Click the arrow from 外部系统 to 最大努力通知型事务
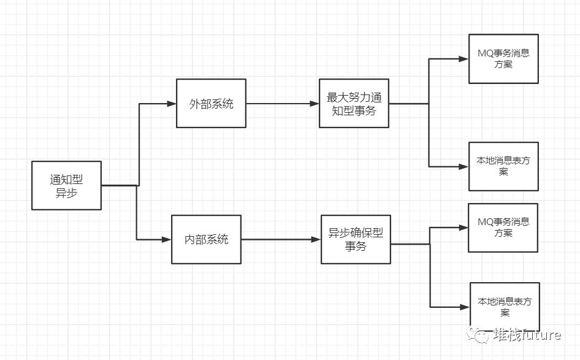[x=283, y=104]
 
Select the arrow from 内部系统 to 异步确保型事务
[x=281, y=240]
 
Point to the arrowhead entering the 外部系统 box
[x=172, y=104]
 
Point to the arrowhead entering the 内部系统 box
[x=167, y=240]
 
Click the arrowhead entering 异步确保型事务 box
[x=316, y=240]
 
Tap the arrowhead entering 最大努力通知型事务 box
[x=315, y=104]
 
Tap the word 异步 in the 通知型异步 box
[x=67, y=193]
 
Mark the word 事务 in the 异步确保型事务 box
[x=356, y=246]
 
